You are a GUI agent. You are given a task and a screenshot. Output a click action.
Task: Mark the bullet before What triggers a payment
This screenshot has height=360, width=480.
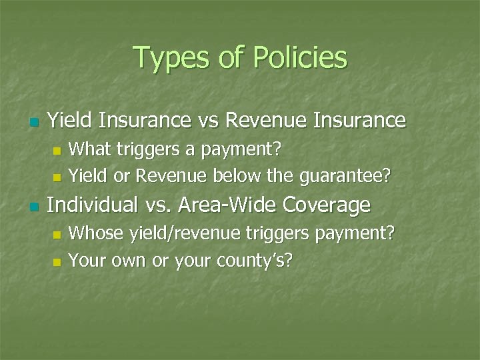[57, 151]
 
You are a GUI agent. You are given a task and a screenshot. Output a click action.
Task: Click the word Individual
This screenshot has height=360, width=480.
[96, 205]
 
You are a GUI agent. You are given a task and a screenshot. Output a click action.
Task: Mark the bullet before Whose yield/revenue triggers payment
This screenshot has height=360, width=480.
[57, 235]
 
